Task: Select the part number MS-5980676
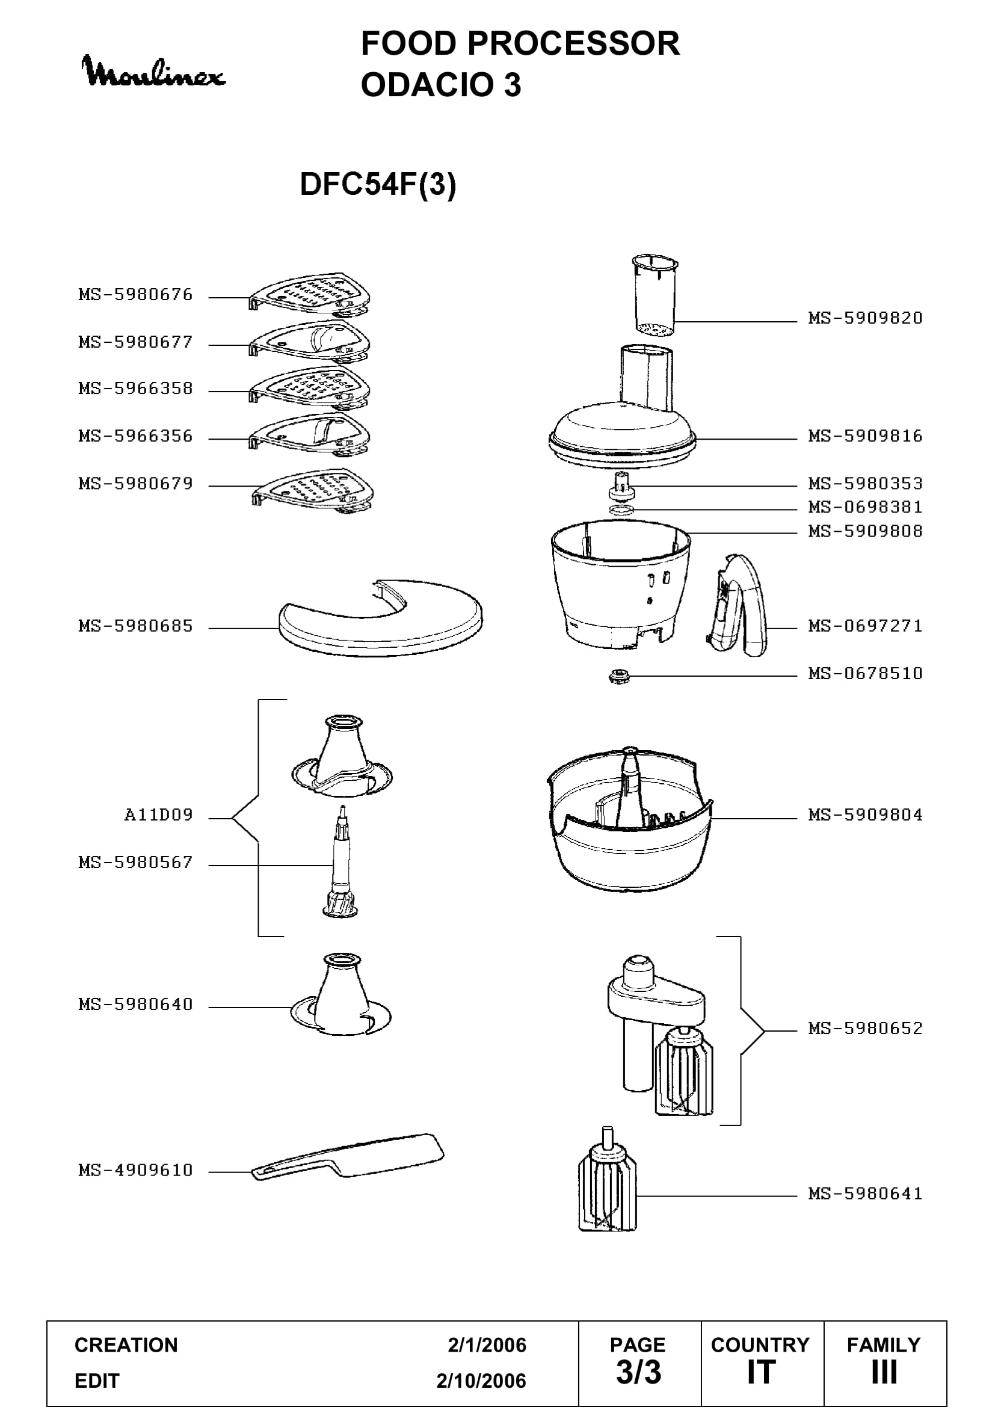point(135,295)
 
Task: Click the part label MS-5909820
point(865,318)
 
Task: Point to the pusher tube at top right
point(655,295)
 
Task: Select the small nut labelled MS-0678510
point(620,676)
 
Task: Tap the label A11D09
point(159,815)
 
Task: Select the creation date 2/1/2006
point(487,1345)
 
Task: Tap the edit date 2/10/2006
point(481,1381)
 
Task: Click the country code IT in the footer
point(762,1373)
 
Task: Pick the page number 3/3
point(638,1373)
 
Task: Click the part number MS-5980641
point(865,1193)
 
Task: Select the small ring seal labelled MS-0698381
point(621,510)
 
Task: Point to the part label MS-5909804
point(865,815)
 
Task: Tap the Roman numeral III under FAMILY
point(885,1373)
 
